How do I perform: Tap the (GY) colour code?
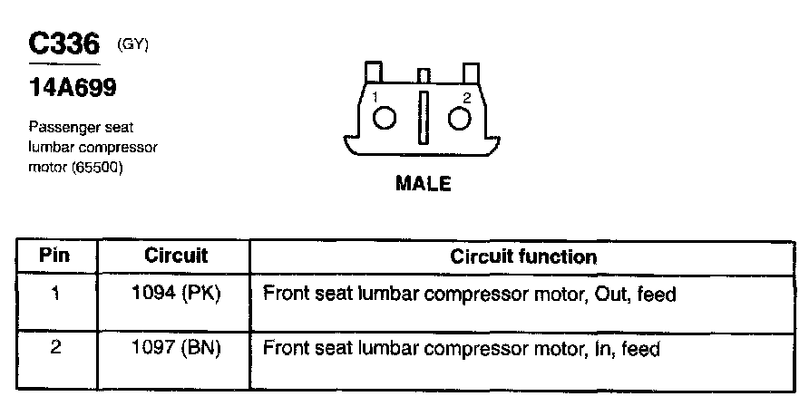tap(132, 44)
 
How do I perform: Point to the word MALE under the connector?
tap(423, 184)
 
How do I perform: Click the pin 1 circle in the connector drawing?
tap(385, 118)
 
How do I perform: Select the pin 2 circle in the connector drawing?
tap(461, 118)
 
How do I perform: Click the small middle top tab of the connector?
tap(422, 75)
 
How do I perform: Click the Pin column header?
tap(55, 256)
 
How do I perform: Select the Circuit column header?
tap(176, 256)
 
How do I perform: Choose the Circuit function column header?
tap(523, 256)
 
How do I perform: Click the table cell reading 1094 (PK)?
tap(176, 295)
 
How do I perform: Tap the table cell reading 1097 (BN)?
tap(176, 347)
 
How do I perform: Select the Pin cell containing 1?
tap(55, 295)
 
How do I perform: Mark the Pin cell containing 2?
tap(55, 347)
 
